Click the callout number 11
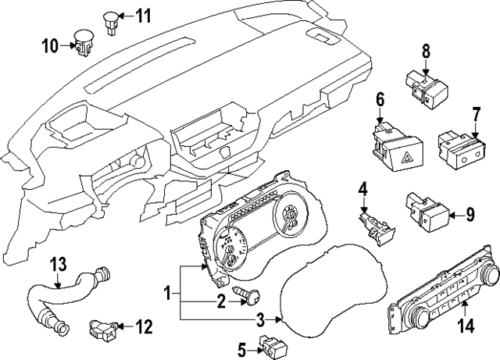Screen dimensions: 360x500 (x=145, y=16)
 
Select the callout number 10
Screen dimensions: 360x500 (x=49, y=46)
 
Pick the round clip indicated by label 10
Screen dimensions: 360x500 (x=83, y=42)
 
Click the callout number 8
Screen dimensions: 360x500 (x=426, y=52)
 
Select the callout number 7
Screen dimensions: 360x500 (x=475, y=116)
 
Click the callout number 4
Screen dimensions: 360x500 (x=363, y=189)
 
